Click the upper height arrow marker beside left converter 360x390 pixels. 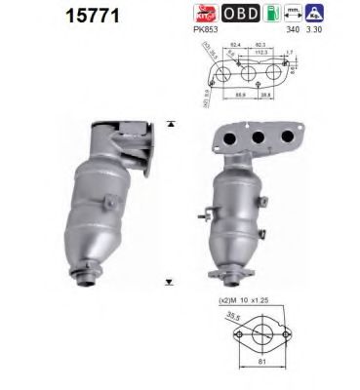(x=171, y=124)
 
